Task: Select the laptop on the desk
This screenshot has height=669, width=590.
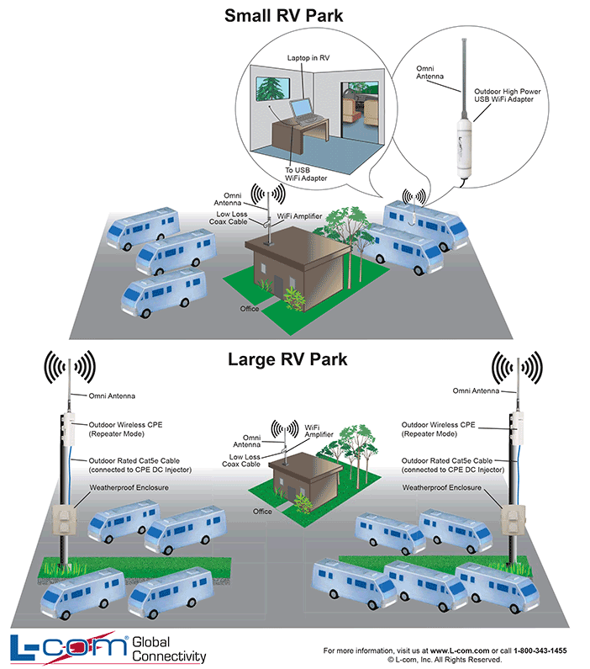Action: [303, 113]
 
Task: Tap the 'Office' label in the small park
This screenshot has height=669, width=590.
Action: [249, 309]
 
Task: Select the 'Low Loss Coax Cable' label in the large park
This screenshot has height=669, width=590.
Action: [241, 459]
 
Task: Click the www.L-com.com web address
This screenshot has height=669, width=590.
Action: [459, 650]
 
